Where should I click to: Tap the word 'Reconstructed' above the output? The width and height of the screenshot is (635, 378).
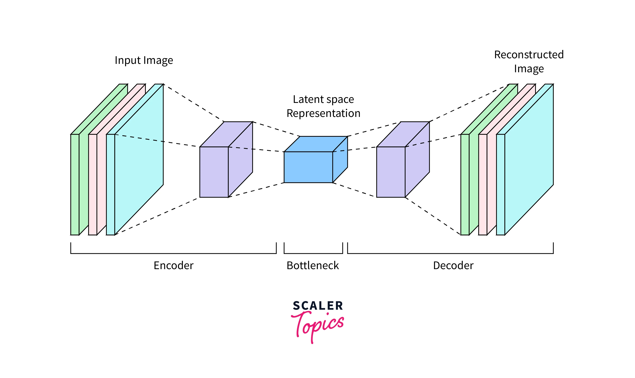click(x=529, y=55)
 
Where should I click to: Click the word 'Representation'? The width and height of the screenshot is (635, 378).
click(x=323, y=113)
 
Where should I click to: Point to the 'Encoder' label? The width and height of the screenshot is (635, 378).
click(x=173, y=265)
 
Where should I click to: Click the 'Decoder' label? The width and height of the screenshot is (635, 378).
click(x=453, y=265)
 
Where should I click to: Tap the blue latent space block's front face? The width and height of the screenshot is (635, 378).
click(x=308, y=167)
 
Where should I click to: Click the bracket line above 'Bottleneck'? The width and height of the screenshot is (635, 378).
click(x=313, y=253)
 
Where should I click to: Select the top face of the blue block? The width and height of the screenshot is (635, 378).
click(x=316, y=144)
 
